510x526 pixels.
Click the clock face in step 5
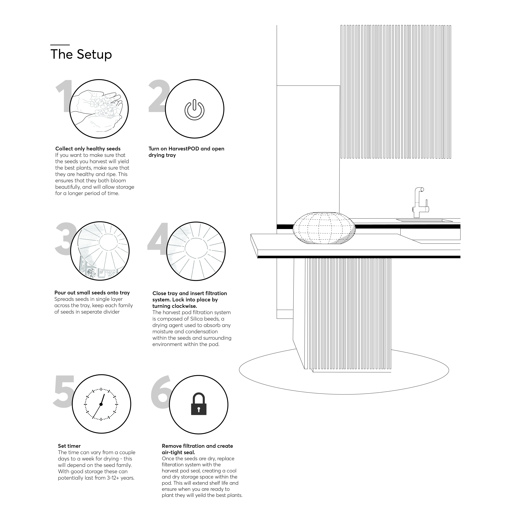[x=101, y=404]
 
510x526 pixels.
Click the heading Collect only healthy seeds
[x=88, y=149]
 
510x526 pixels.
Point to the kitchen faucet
[x=420, y=203]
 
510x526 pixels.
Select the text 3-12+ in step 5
[x=113, y=478]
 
